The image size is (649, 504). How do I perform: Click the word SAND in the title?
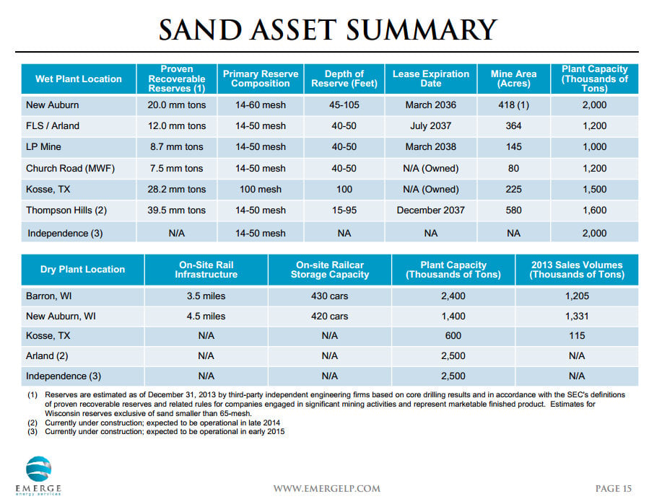[x=200, y=30]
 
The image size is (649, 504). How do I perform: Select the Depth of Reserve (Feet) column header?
[x=344, y=79]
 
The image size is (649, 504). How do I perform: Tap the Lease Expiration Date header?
[x=430, y=79]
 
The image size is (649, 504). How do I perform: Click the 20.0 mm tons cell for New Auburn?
[x=177, y=105]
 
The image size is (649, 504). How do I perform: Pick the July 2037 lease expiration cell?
[x=430, y=125]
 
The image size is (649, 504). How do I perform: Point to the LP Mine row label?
[x=43, y=147]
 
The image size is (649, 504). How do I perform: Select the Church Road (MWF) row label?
[x=70, y=169]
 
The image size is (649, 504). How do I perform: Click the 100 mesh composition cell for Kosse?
[x=261, y=190]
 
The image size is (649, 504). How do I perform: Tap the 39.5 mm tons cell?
[x=177, y=210]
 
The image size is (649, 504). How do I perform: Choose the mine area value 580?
[x=513, y=210]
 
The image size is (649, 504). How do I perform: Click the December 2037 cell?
[x=430, y=210]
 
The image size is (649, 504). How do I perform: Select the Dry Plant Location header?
[x=82, y=269]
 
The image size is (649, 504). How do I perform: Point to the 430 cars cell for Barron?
[x=329, y=296]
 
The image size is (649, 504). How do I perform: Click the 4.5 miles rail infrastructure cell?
[x=206, y=317]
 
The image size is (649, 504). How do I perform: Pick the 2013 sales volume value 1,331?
[x=577, y=317]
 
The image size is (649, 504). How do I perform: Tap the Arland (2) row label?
[x=47, y=356]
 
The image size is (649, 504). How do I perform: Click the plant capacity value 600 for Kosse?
[x=453, y=336]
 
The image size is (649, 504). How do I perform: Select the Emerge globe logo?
[x=38, y=469]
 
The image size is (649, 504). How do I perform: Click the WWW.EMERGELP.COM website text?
[x=326, y=489]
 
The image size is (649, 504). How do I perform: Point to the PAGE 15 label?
[x=614, y=489]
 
